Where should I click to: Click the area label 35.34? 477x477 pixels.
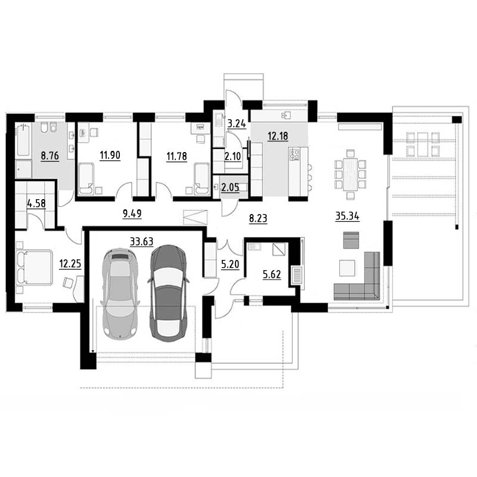pyautogui.click(x=347, y=216)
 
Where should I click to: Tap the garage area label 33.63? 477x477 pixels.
pyautogui.click(x=141, y=241)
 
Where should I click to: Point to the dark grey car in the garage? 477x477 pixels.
pyautogui.click(x=168, y=293)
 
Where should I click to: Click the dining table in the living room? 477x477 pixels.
pyautogui.click(x=350, y=174)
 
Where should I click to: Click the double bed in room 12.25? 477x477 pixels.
pyautogui.click(x=34, y=268)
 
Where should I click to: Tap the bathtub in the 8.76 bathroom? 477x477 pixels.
pyautogui.click(x=23, y=140)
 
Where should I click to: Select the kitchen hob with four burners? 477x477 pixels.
pyautogui.click(x=295, y=154)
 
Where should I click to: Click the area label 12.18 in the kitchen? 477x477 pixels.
pyautogui.click(x=278, y=136)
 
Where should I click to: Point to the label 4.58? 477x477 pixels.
pyautogui.click(x=36, y=203)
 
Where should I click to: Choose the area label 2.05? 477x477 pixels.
pyautogui.click(x=230, y=187)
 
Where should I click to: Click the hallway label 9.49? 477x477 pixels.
pyautogui.click(x=132, y=213)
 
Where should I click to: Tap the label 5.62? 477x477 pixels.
pyautogui.click(x=272, y=274)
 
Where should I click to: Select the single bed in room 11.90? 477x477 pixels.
pyautogui.click(x=86, y=179)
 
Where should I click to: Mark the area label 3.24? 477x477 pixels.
pyautogui.click(x=237, y=123)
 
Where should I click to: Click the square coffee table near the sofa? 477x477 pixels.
pyautogui.click(x=347, y=268)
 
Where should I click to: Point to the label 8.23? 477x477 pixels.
pyautogui.click(x=258, y=218)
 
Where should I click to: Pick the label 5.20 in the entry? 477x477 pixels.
pyautogui.click(x=230, y=264)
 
